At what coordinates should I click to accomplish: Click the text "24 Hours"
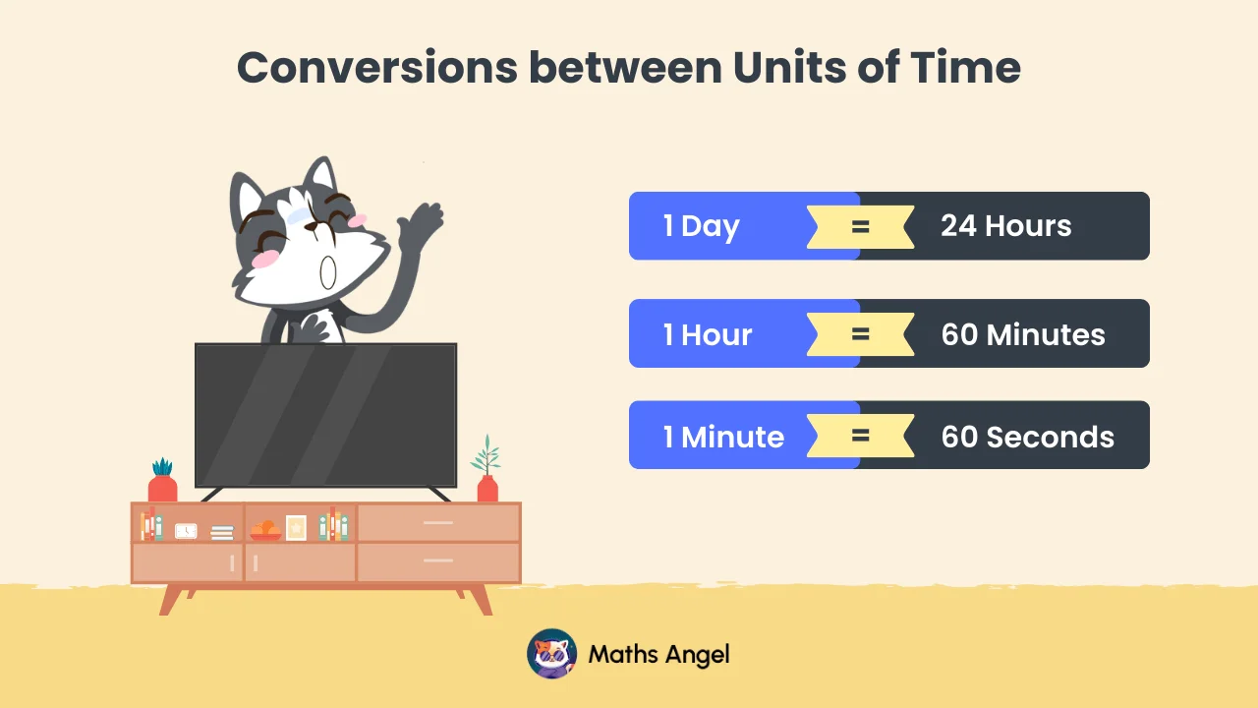click(1005, 226)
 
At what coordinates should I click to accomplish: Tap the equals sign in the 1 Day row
click(860, 226)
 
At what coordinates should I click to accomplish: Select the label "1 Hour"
click(708, 334)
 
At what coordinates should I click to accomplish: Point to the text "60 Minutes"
click(1023, 334)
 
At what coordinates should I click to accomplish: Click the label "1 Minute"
click(723, 437)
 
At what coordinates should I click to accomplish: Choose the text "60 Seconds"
click(1028, 437)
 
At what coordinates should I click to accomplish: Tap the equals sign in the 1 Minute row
click(860, 435)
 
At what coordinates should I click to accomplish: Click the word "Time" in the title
click(965, 67)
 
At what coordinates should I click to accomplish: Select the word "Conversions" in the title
click(377, 67)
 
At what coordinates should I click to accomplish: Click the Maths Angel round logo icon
click(552, 654)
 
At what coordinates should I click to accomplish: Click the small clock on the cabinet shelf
click(186, 531)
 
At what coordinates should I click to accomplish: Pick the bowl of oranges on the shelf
click(265, 531)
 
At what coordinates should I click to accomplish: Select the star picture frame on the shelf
click(296, 528)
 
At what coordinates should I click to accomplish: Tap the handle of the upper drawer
click(437, 523)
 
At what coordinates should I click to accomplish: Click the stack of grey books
click(222, 532)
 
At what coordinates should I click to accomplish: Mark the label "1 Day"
click(701, 226)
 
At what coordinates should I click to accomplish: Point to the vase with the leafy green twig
click(487, 477)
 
